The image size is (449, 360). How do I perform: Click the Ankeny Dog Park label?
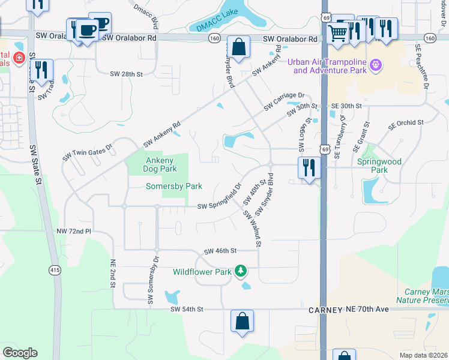click(160, 164)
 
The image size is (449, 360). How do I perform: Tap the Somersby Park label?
click(174, 187)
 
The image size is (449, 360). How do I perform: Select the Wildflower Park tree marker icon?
click(241, 272)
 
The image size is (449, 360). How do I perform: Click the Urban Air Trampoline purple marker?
click(376, 64)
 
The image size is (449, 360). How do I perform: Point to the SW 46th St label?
click(221, 251)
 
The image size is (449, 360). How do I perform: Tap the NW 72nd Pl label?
click(74, 230)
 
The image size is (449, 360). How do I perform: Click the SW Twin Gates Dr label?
click(88, 152)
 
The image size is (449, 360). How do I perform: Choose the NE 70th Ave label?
click(368, 309)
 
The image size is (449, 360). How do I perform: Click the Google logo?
click(20, 353)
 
